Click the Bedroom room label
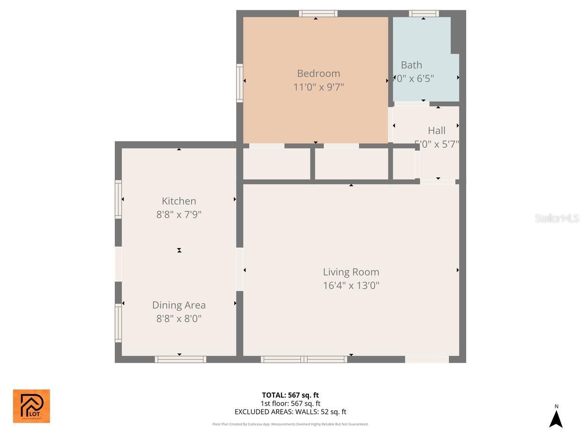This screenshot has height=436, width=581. pos(318,74)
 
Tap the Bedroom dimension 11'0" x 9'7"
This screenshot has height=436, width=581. pos(318,87)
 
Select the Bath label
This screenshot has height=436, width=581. pos(412,65)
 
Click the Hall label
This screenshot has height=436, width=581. pos(437,130)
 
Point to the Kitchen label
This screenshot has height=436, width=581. pos(179,201)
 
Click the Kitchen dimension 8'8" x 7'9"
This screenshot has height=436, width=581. pos(179,215)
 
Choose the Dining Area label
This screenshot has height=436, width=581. pos(179,305)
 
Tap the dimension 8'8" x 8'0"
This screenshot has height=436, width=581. pos(179,319)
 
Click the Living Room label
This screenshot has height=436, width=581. pos(351,272)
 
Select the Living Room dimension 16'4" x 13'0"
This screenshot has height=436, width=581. pos(351,285)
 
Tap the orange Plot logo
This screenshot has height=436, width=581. pos(31,406)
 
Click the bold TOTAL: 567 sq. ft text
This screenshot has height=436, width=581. pos(290,395)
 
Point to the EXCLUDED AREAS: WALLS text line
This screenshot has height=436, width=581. pos(290,412)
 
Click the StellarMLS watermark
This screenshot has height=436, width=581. pos(557,218)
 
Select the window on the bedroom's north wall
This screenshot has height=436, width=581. pos(318,14)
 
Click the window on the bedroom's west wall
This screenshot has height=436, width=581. pos(239,83)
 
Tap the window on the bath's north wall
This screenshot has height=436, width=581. pos(424,14)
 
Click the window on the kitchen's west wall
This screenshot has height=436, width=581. pos(118,199)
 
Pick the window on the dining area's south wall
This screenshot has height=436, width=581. pos(180,359)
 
